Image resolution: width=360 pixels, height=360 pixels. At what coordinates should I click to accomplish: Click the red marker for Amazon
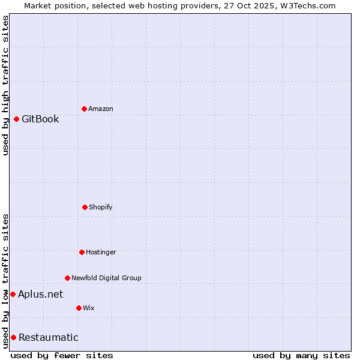click(84, 109)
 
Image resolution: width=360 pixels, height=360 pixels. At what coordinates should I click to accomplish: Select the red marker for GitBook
click(16, 119)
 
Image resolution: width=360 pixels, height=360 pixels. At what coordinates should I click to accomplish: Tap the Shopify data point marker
click(85, 207)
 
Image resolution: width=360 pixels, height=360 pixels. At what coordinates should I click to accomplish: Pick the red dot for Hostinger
click(82, 252)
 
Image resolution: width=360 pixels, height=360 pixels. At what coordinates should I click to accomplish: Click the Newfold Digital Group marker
click(67, 278)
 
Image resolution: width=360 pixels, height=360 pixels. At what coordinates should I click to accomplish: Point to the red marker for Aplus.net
click(13, 294)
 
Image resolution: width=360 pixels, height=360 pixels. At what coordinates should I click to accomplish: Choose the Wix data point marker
click(79, 308)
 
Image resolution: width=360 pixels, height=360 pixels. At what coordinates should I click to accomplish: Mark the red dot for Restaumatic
click(13, 337)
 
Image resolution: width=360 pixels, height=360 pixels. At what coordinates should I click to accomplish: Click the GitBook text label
click(40, 119)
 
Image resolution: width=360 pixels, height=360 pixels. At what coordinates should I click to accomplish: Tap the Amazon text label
click(101, 109)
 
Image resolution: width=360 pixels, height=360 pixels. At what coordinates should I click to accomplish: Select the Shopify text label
click(101, 207)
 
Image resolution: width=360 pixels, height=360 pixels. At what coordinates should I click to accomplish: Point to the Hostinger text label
click(101, 252)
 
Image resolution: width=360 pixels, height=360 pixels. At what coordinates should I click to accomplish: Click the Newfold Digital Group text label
click(106, 278)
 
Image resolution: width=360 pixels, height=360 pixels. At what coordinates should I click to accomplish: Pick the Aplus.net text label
click(40, 294)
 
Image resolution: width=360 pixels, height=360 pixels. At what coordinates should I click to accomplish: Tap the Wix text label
click(89, 308)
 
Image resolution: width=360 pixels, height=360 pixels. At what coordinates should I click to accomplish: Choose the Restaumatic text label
click(48, 337)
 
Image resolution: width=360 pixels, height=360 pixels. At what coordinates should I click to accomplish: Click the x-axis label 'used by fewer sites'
click(62, 355)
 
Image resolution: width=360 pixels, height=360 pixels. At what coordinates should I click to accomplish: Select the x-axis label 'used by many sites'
click(301, 355)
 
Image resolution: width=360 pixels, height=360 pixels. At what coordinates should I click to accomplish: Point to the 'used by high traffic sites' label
click(5, 85)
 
